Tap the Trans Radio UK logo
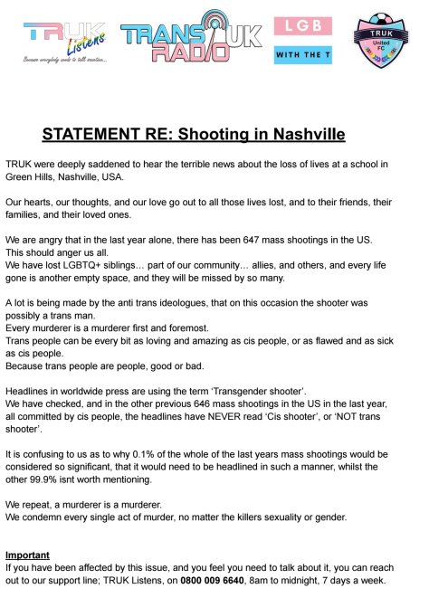click(x=186, y=41)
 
